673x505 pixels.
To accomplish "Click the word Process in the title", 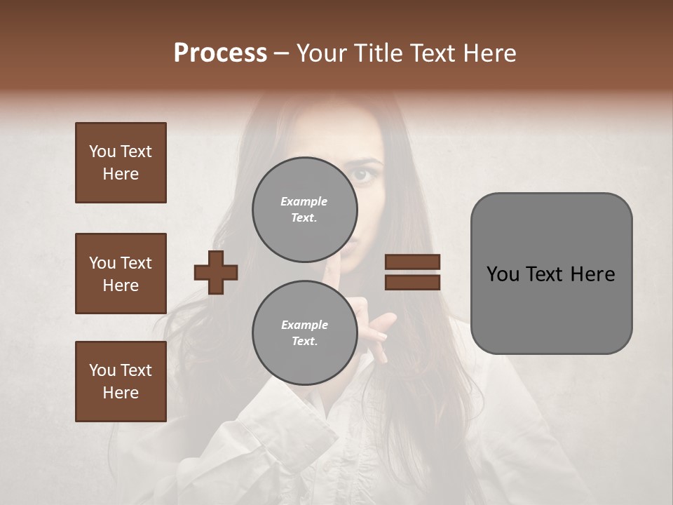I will tap(220, 53).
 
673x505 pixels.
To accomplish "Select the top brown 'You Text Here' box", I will tap(121, 163).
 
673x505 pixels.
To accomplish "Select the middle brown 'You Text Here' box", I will tap(121, 274).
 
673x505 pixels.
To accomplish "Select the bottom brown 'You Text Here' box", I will tap(121, 382).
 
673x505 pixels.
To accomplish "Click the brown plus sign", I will tap(216, 272).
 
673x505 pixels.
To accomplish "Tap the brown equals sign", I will tap(412, 272).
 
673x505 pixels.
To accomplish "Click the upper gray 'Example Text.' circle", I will tap(304, 209).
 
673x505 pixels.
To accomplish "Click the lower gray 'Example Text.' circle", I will tap(304, 332).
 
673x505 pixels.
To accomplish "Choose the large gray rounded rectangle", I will tap(551, 274).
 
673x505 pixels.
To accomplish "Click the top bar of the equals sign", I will tap(412, 262).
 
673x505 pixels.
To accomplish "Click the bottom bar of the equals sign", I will tap(412, 282).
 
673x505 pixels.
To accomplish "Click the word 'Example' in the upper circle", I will tap(304, 201).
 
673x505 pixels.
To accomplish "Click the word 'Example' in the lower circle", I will tap(304, 325).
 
